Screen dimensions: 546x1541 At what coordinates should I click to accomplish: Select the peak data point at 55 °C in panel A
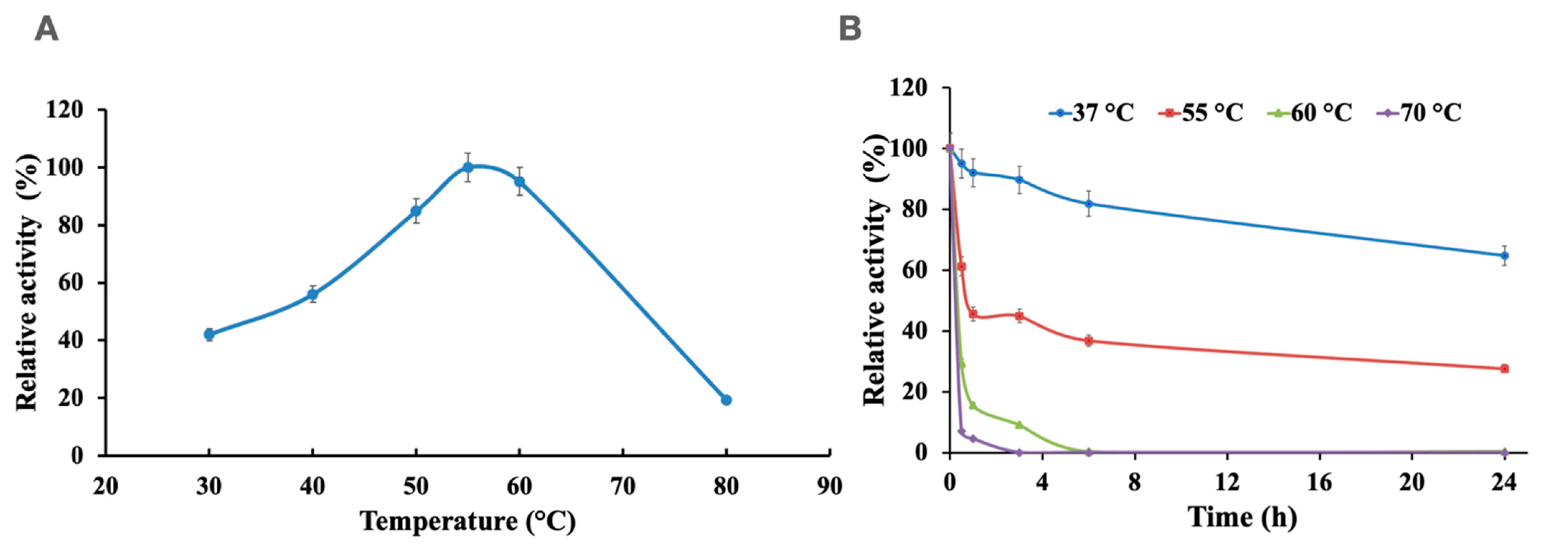pos(468,168)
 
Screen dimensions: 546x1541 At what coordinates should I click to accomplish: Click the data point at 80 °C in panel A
pos(726,400)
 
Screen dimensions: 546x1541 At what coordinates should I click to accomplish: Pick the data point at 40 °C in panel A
pos(312,294)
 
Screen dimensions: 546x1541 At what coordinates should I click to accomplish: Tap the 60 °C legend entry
pos(1310,112)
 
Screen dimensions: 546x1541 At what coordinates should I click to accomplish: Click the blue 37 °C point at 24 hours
pos(1504,255)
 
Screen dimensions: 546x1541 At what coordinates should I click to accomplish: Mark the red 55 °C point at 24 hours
pos(1504,368)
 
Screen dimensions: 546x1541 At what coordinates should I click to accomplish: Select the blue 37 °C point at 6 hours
pos(1089,204)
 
